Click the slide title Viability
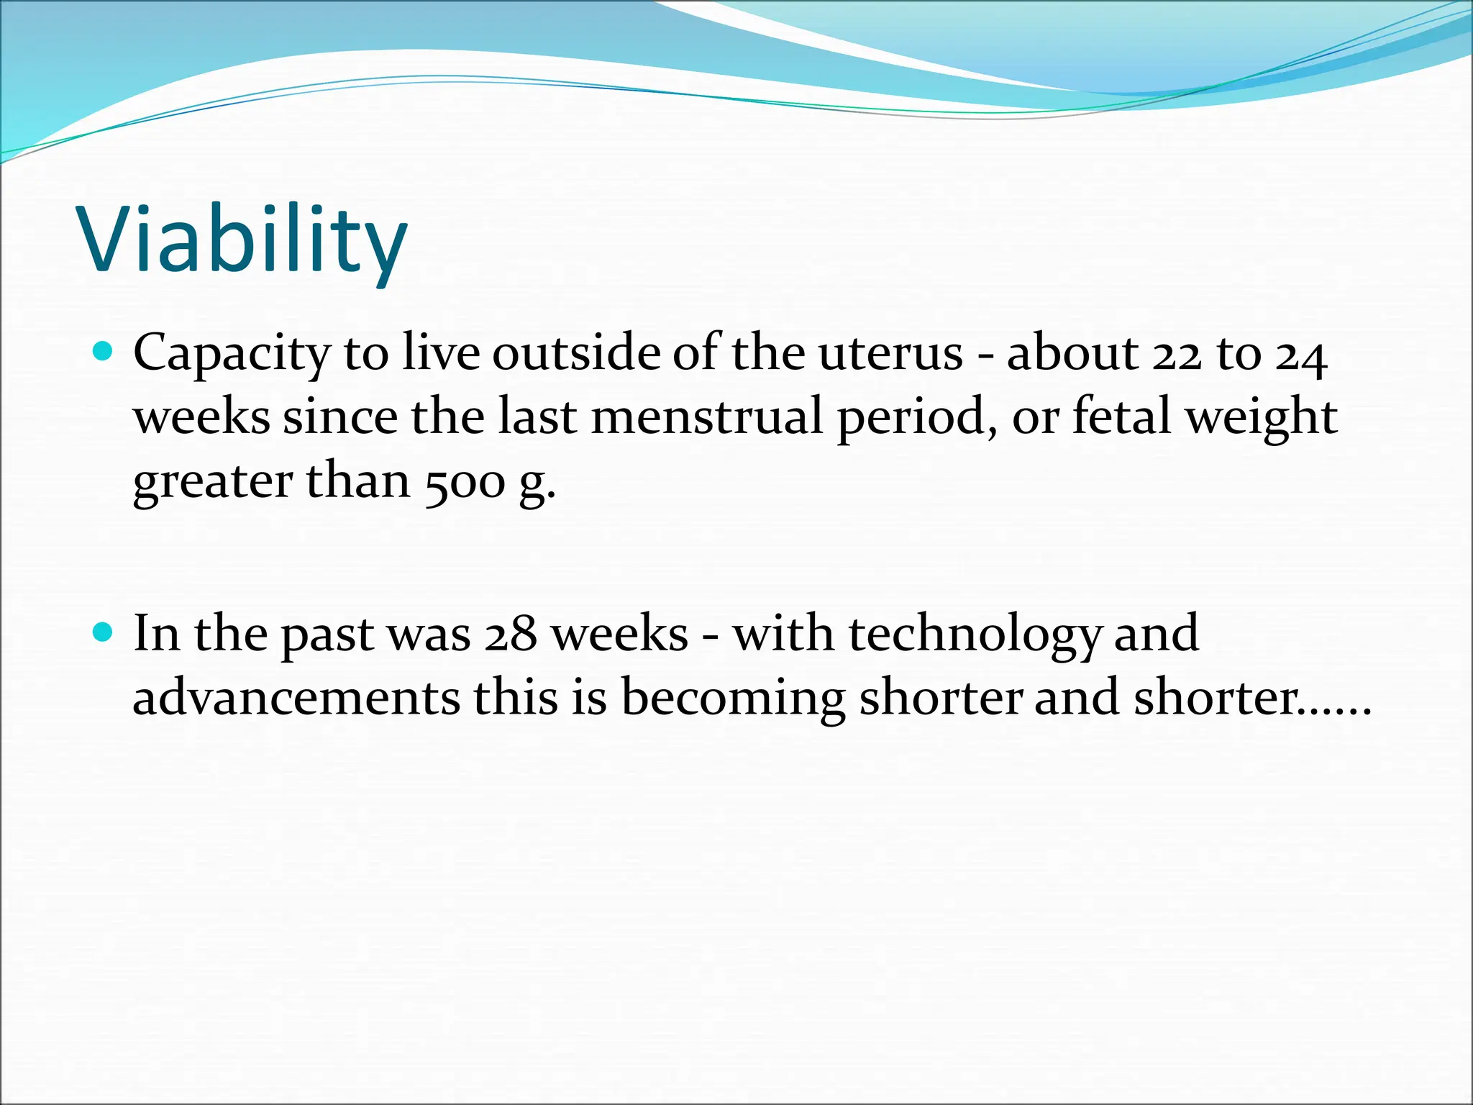coord(243,240)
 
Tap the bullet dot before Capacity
coord(104,351)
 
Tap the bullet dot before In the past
coord(104,632)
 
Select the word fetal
coord(1122,417)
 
